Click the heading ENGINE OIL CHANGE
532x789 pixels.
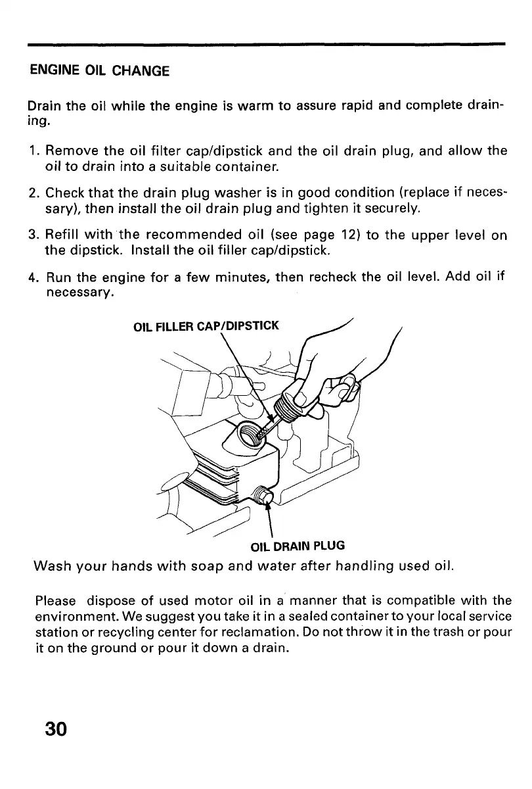(x=99, y=70)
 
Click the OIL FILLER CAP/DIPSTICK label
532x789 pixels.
(x=206, y=325)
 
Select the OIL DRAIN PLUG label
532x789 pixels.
(x=298, y=545)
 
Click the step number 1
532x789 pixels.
(x=32, y=151)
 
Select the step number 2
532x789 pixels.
(x=32, y=194)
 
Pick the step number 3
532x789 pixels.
(x=32, y=236)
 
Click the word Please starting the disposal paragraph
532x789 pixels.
(x=55, y=600)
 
